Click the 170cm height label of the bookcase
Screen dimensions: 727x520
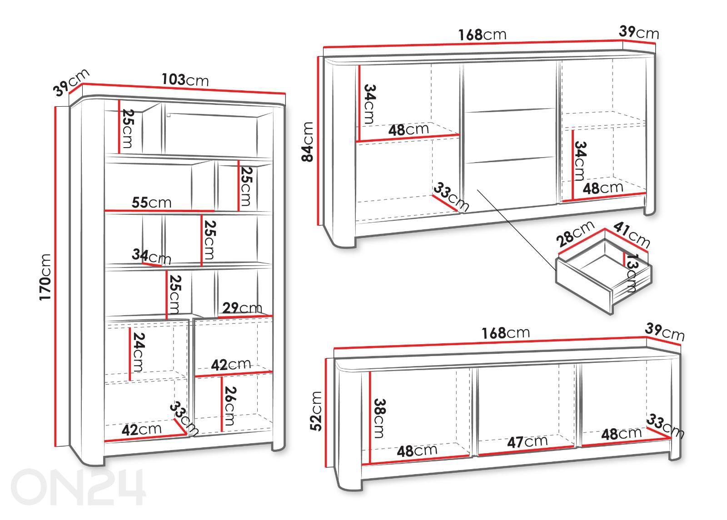(45, 277)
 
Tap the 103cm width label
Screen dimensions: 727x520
(185, 80)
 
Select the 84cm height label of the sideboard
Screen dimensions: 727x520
(307, 141)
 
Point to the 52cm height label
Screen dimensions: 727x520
(316, 411)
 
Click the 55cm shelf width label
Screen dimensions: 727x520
(152, 203)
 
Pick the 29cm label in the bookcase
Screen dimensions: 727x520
(242, 307)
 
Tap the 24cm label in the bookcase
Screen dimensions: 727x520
(138, 352)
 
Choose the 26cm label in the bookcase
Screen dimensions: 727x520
(230, 406)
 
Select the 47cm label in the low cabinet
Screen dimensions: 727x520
(528, 441)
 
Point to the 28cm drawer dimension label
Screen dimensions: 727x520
(575, 233)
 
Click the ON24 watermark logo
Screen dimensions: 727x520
(78, 486)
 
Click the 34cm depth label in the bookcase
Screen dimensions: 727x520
(151, 256)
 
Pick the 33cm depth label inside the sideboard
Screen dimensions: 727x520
(452, 197)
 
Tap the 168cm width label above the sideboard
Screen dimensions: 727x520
(482, 35)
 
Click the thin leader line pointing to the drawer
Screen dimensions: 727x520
(516, 230)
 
